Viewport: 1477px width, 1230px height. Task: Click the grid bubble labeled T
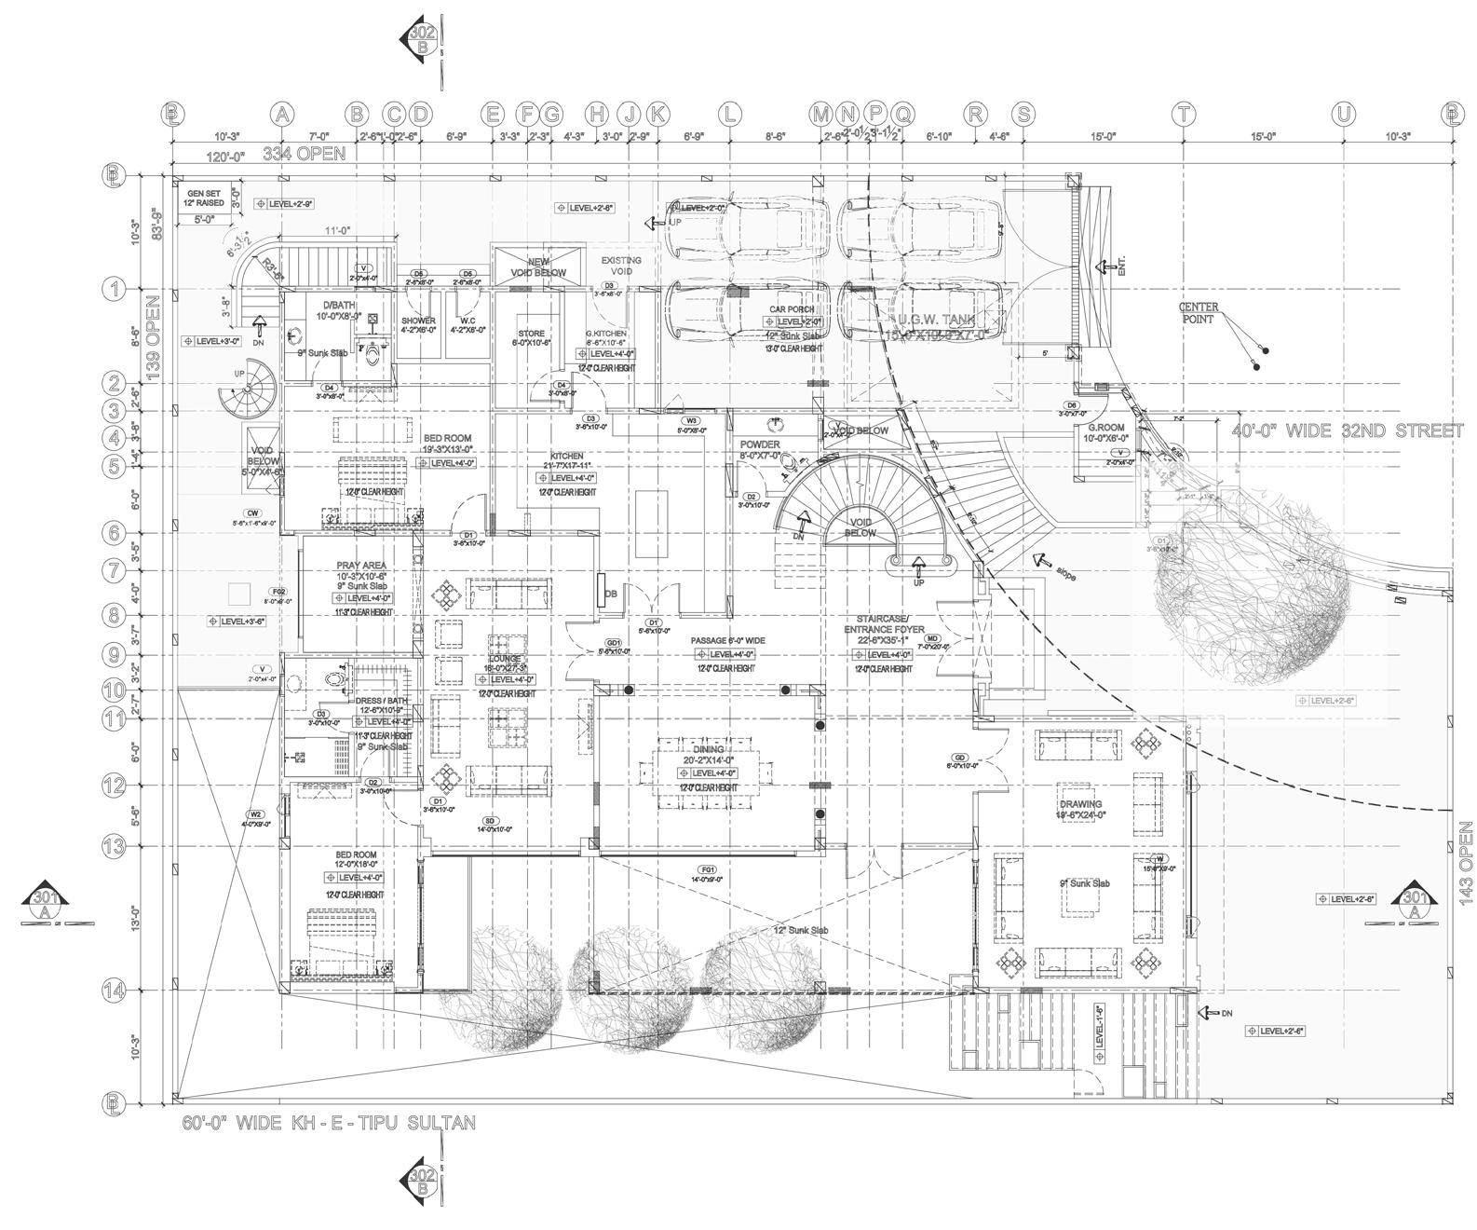pyautogui.click(x=1183, y=115)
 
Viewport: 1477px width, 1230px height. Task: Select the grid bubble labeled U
pyautogui.click(x=1343, y=115)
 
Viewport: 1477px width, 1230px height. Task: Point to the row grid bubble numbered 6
pyautogui.click(x=114, y=533)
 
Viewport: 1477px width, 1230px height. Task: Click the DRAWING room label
pyautogui.click(x=1080, y=803)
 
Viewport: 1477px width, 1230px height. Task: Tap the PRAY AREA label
pyautogui.click(x=360, y=566)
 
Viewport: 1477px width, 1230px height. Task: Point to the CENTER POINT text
pyautogui.click(x=1199, y=313)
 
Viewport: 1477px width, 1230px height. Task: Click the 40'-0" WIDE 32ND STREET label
pyautogui.click(x=1340, y=431)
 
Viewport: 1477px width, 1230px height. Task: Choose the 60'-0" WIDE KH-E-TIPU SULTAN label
pyautogui.click(x=328, y=1123)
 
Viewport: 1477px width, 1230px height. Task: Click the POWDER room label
pyautogui.click(x=760, y=444)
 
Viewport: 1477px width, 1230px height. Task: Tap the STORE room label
pyautogui.click(x=531, y=333)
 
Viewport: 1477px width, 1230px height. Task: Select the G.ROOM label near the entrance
pyautogui.click(x=1108, y=428)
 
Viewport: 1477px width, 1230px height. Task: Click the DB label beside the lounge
pyautogui.click(x=611, y=594)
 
